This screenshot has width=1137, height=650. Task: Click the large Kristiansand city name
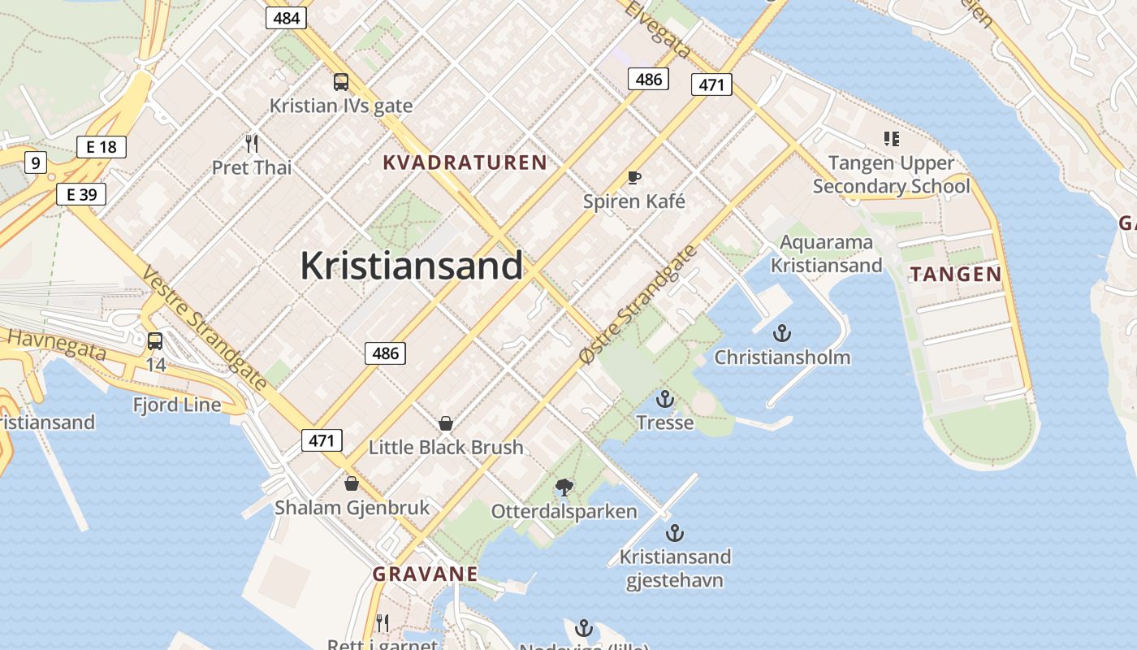[x=411, y=266]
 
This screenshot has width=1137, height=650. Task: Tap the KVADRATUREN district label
[x=465, y=162]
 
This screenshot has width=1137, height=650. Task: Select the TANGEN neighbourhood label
[x=956, y=274]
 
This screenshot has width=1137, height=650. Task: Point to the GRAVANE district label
[x=425, y=574]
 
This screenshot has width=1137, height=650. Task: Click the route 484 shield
[x=286, y=17]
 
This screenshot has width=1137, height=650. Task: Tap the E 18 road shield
[x=101, y=147]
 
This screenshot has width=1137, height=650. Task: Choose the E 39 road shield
[x=81, y=194]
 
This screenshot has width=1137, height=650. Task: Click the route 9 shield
[x=35, y=162]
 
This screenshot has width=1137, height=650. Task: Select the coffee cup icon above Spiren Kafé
[x=634, y=178]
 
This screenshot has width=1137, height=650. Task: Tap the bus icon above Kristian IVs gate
[x=341, y=81]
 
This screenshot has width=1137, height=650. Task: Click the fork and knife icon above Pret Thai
[x=252, y=144]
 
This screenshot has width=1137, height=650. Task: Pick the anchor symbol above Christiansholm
[x=781, y=333]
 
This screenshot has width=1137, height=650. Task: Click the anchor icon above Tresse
[x=665, y=399]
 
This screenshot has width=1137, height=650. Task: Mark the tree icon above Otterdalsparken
[x=564, y=487]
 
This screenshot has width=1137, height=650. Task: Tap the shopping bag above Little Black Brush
[x=445, y=423]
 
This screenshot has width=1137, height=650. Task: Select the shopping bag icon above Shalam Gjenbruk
[x=352, y=483]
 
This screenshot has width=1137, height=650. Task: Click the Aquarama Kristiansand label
[x=826, y=253]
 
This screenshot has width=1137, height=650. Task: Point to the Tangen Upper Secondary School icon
[x=891, y=139]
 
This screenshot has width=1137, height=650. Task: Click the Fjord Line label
[x=177, y=405]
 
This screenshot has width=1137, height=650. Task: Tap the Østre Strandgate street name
[x=638, y=304]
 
